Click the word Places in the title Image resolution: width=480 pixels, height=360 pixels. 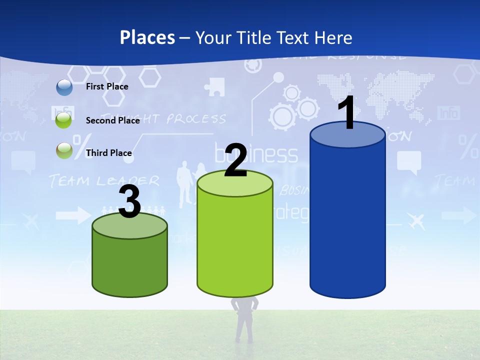tap(147, 37)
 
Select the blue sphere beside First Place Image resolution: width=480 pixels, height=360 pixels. tap(64, 87)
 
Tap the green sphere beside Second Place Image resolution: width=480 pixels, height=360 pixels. tap(64, 120)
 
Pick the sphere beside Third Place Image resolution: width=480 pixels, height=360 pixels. tap(64, 150)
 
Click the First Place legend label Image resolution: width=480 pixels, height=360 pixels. tap(107, 86)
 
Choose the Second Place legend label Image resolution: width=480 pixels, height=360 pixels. tap(112, 120)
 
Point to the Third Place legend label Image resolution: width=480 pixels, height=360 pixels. tap(108, 153)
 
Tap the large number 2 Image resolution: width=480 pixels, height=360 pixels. tap(235, 160)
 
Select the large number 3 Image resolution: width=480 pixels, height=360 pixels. tap(129, 202)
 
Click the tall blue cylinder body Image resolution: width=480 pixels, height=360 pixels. tap(347, 220)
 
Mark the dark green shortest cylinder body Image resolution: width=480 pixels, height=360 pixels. tap(129, 265)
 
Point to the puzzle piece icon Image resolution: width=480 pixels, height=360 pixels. tap(214, 86)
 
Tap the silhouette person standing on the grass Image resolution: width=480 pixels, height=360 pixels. tap(244, 320)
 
